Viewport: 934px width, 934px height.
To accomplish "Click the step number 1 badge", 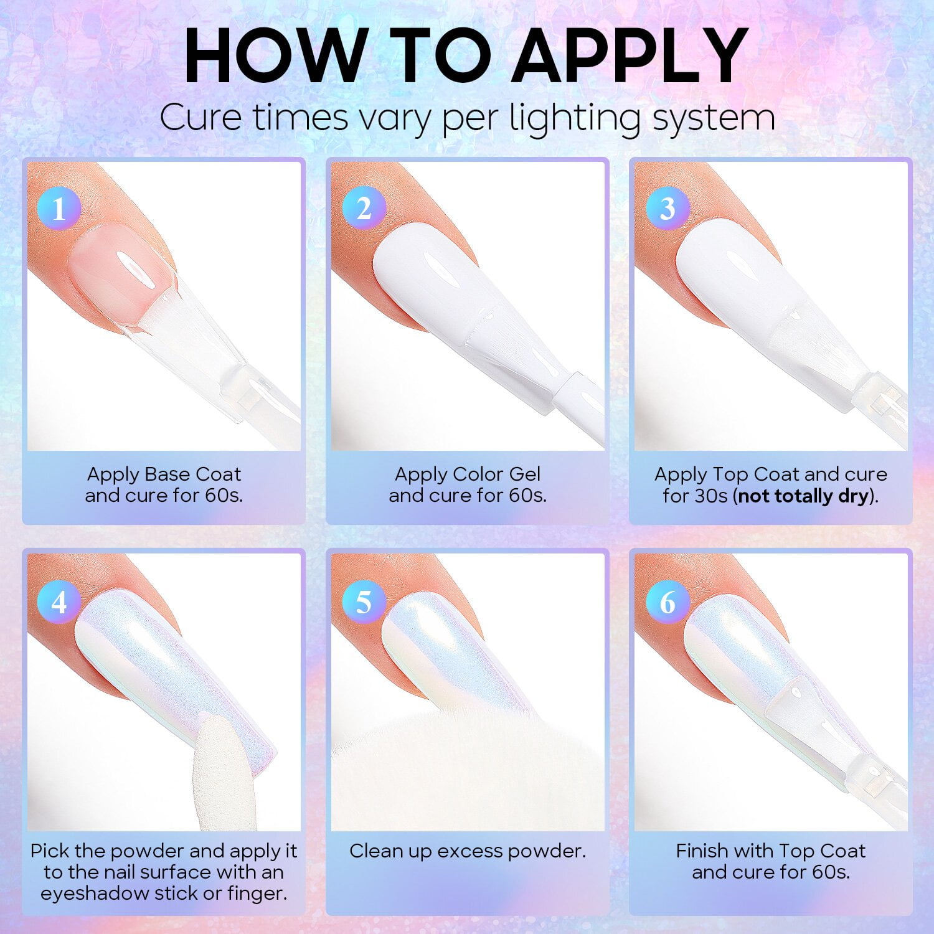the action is click(x=59, y=208).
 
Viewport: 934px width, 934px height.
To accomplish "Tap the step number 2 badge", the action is click(x=364, y=208).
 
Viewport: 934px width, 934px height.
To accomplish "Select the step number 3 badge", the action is click(x=667, y=208).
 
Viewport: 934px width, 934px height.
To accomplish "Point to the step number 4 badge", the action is click(x=59, y=602).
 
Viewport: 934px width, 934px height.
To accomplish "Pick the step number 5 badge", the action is click(x=364, y=602).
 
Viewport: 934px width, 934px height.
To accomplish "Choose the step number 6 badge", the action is click(x=667, y=602).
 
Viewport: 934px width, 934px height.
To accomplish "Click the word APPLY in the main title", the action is click(x=633, y=55).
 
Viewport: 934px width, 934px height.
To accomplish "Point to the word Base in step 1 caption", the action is click(x=167, y=474).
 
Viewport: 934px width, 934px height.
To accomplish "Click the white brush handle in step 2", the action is click(x=579, y=408).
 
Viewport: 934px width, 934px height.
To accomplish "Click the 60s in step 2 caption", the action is click(x=529, y=496).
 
